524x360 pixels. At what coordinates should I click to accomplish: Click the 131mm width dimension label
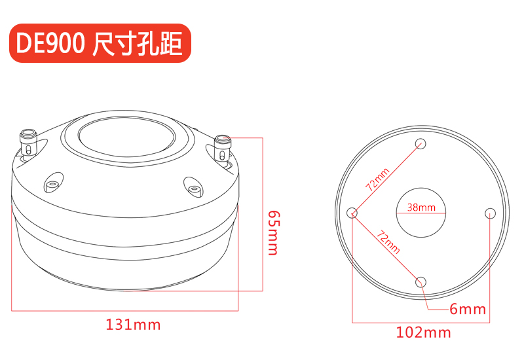pos(133,325)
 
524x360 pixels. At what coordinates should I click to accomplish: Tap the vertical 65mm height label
pos(274,233)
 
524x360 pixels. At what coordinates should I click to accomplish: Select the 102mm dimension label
pos(423,333)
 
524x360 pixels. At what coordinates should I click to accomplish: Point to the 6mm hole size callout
pos(468,309)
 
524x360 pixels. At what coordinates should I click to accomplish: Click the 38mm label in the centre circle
pos(421,207)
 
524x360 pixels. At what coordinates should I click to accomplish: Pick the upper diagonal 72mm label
pos(378,179)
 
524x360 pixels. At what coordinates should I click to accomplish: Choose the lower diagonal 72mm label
pos(388,242)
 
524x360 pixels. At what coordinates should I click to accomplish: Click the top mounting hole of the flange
pos(421,144)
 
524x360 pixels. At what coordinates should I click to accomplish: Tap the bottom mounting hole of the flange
pos(421,282)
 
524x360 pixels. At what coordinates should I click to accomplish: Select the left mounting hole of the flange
pos(352,213)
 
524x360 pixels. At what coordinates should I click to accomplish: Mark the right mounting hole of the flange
pos(490,213)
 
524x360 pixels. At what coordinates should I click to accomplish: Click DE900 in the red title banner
pos(50,43)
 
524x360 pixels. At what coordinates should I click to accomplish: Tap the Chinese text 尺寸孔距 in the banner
pos(137,43)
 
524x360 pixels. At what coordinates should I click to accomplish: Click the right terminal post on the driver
pos(222,148)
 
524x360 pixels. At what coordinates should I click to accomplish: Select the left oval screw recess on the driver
pos(53,183)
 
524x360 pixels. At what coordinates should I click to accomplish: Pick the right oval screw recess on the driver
pos(193,187)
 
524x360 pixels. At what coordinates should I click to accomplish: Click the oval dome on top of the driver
pos(127,136)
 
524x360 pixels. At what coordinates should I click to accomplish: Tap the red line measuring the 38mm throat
pos(421,213)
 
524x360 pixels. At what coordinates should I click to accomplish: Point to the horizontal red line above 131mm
pos(124,311)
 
